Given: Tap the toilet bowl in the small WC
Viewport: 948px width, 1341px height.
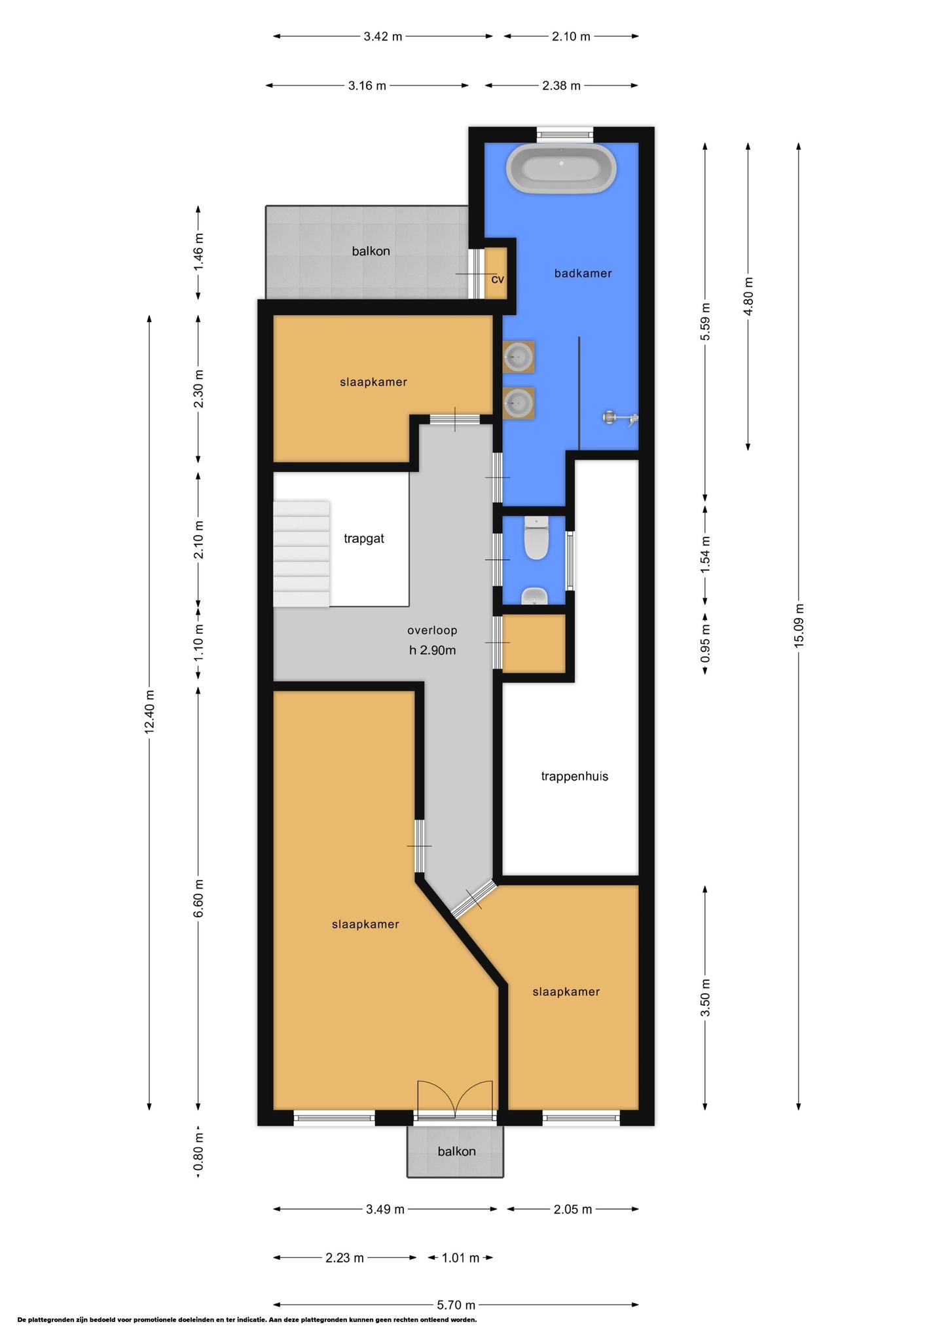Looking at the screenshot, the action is [x=537, y=538].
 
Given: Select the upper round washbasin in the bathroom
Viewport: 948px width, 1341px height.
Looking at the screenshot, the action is [x=519, y=357].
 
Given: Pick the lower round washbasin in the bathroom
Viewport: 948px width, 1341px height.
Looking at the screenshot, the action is [x=519, y=403].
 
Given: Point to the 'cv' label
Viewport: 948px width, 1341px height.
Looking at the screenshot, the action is [x=498, y=279].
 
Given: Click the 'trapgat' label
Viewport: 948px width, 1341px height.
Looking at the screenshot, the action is [x=364, y=538].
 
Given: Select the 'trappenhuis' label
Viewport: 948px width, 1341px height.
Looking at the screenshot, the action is [x=575, y=776].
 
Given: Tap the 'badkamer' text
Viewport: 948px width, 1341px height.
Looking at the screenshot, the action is [x=583, y=273].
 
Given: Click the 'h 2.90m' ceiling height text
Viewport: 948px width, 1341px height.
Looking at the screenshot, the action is [x=432, y=650].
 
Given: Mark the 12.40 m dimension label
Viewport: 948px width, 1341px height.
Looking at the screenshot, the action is [x=150, y=712].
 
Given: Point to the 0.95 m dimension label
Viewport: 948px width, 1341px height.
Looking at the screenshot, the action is [x=705, y=643].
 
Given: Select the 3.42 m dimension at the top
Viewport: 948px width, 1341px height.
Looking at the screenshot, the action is [x=383, y=37].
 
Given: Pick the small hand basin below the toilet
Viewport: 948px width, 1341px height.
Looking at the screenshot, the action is [x=535, y=596].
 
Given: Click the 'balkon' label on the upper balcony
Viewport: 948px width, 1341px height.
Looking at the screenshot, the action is [x=371, y=251].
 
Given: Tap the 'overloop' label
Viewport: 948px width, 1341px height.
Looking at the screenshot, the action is [x=432, y=630].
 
